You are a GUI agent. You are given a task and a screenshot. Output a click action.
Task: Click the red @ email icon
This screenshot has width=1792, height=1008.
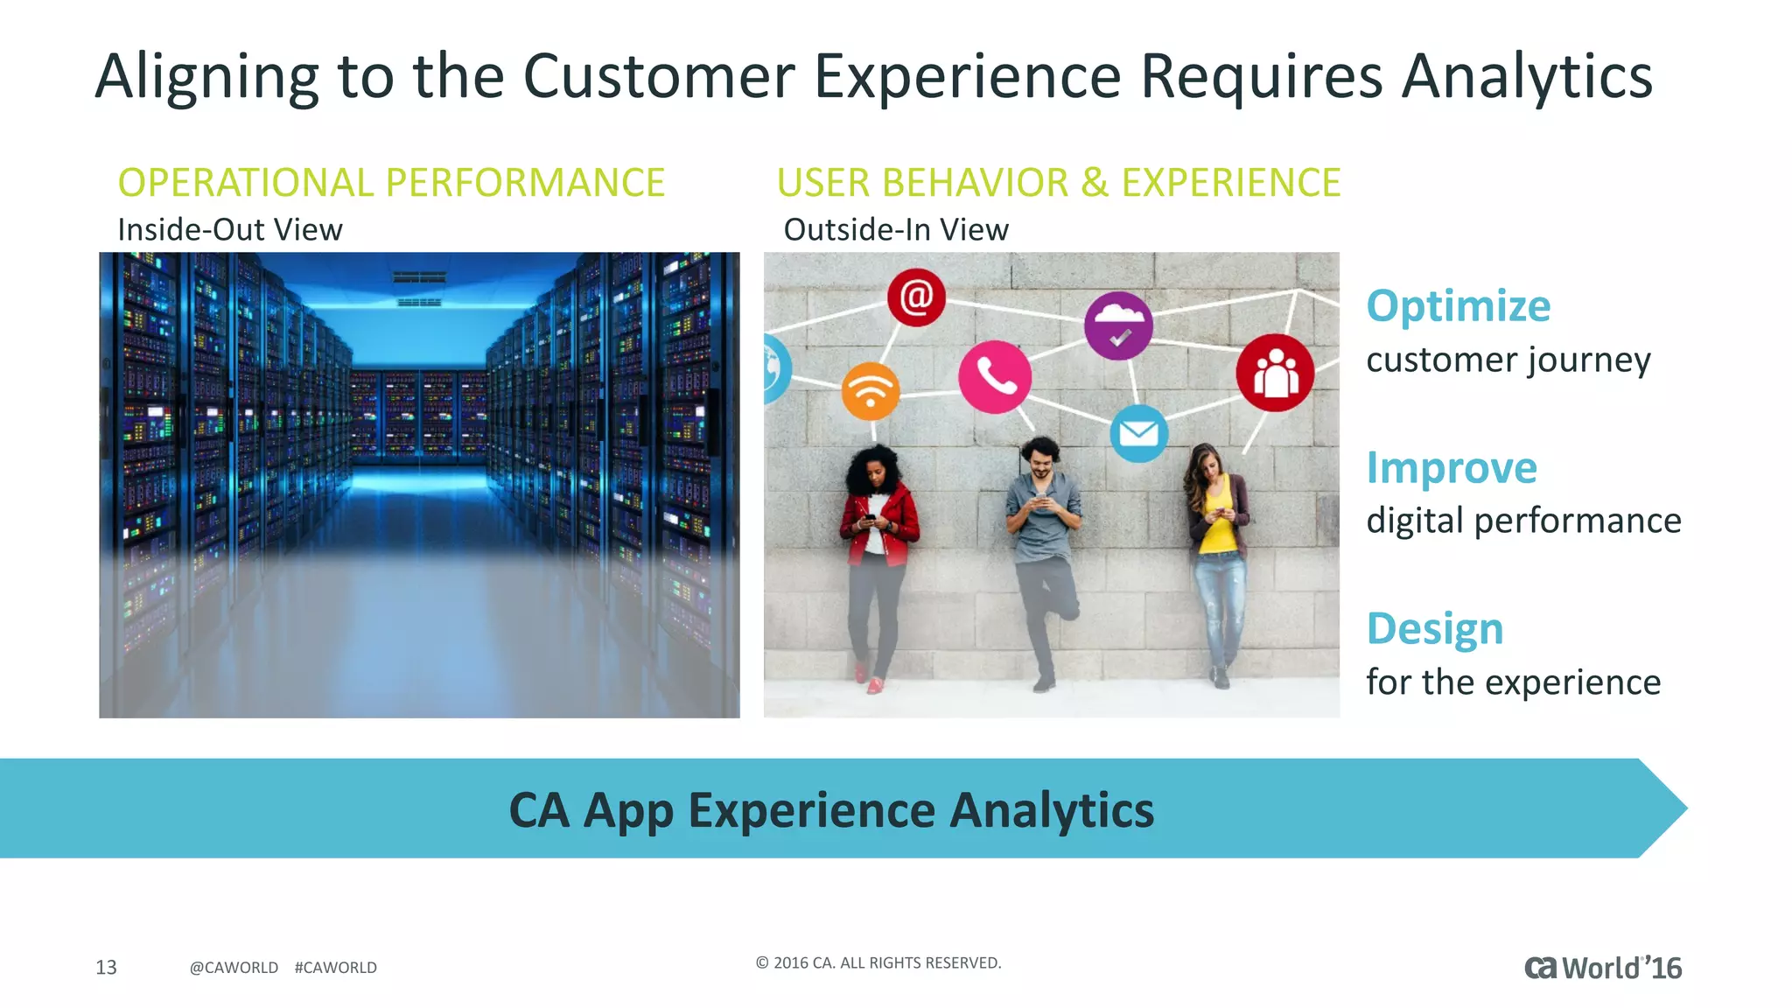click(916, 297)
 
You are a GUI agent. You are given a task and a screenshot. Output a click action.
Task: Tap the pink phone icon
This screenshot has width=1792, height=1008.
click(995, 377)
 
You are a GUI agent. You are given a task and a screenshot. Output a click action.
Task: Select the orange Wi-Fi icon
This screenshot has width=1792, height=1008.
click(871, 390)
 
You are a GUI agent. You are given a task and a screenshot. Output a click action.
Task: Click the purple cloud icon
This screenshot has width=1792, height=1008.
click(1118, 325)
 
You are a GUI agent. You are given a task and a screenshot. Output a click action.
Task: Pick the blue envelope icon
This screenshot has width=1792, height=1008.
click(1138, 433)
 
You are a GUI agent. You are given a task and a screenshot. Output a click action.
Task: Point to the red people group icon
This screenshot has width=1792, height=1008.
click(1275, 373)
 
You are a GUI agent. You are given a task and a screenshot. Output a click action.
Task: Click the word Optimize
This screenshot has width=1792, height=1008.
click(1458, 306)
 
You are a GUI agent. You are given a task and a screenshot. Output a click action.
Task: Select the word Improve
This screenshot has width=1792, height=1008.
click(1452, 467)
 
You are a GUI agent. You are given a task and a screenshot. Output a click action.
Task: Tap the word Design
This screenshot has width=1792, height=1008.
click(1435, 628)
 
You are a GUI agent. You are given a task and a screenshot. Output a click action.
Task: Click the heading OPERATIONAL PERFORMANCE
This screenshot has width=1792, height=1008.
click(391, 183)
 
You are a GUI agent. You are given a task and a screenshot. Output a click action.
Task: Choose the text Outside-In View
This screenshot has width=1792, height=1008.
click(896, 230)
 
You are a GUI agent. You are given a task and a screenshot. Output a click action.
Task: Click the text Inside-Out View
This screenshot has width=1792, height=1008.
click(230, 230)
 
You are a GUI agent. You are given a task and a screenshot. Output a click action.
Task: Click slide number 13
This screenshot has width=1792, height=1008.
click(106, 967)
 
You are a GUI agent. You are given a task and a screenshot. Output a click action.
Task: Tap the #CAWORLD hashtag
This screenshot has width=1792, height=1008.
click(336, 968)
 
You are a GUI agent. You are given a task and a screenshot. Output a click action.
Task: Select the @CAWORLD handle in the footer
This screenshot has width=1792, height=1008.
click(234, 968)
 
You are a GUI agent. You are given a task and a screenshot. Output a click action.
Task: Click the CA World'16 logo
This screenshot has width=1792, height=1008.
click(1603, 968)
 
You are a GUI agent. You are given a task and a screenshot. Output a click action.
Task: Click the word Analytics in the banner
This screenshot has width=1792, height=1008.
click(1052, 810)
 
